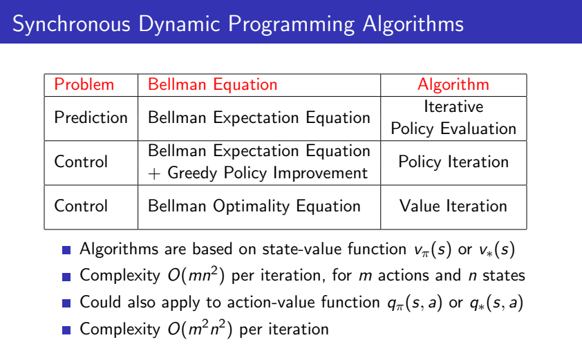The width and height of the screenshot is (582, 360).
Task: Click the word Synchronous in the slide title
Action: pos(71,24)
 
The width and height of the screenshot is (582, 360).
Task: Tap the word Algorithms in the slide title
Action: pos(413,24)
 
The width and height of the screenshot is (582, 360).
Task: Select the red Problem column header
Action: pos(84,84)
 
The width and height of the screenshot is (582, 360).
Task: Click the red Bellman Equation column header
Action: pos(213,85)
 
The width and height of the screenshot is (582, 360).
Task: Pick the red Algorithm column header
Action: pos(453,85)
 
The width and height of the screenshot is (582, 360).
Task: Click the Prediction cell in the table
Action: pos(91,117)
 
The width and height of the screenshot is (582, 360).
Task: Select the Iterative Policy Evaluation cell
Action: pos(453,117)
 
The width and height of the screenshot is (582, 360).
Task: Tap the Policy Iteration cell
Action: pos(453,162)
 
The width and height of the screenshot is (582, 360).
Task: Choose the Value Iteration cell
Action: pos(453,206)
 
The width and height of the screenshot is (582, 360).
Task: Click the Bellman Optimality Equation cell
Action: pos(254,207)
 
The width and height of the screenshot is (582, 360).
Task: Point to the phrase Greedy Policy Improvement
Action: pos(267,173)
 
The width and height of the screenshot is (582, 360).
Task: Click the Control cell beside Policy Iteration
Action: pos(81,162)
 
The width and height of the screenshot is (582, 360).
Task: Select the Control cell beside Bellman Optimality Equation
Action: pos(81,206)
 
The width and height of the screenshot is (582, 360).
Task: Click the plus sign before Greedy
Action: pos(154,174)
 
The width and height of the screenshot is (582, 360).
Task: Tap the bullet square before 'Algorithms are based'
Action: pos(66,250)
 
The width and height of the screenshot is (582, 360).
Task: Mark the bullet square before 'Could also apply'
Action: pos(66,303)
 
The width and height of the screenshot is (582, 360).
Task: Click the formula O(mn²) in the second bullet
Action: pos(196,276)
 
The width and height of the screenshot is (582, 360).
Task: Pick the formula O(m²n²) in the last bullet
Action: pos(200,329)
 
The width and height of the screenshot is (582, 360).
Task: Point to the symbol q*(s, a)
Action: pos(496,303)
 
